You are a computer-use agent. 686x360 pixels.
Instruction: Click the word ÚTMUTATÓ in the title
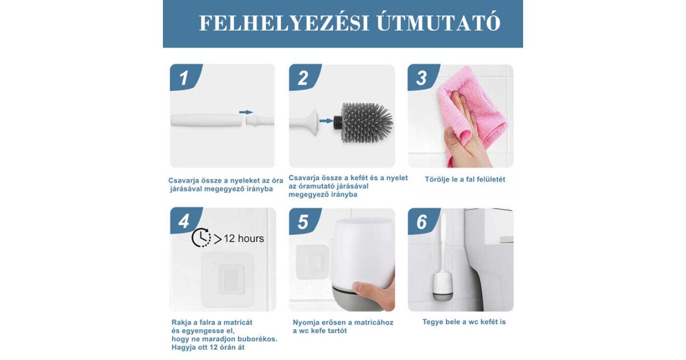coord(438,22)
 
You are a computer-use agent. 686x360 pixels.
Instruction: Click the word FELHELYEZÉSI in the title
coord(284,23)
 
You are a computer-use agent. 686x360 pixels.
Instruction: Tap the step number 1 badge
coord(186,78)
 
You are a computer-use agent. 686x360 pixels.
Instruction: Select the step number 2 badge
coord(305,78)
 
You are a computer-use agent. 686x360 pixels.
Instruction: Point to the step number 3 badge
coord(424,78)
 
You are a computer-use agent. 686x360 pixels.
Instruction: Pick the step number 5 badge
coord(305,222)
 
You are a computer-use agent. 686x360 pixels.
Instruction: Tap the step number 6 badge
coord(424,222)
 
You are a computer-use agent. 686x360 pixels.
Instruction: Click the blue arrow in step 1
coord(246,112)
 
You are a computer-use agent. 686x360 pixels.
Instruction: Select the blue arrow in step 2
coord(326,121)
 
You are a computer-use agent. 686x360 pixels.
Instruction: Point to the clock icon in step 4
coord(201,238)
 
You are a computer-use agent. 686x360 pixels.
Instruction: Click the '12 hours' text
coord(244,238)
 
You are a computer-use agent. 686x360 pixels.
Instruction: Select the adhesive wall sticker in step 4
coord(228,280)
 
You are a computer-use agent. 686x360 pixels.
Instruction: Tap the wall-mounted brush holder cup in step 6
coord(442,286)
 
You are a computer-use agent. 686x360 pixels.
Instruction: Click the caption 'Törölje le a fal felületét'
coord(465,179)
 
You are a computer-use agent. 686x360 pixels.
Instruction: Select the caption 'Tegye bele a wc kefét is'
coord(464,322)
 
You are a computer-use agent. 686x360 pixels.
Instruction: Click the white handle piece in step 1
coord(208,120)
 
